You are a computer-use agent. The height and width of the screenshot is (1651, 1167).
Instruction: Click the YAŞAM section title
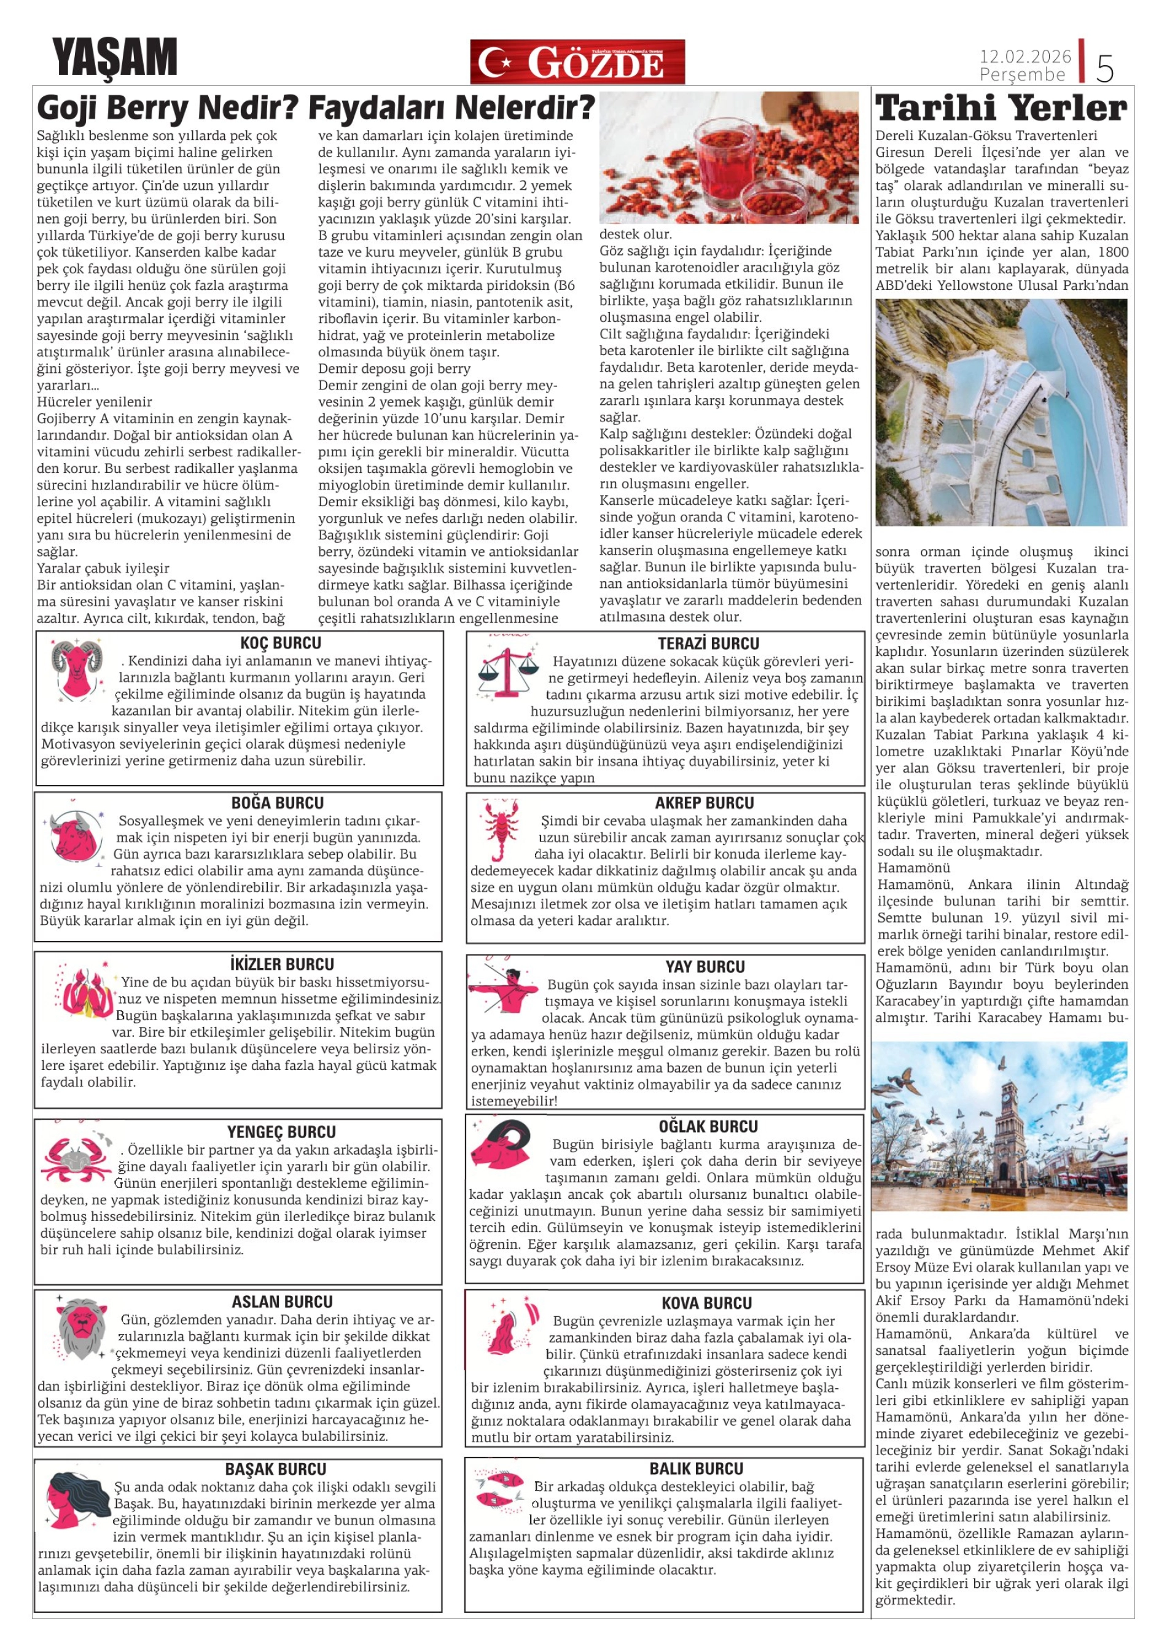pos(114,58)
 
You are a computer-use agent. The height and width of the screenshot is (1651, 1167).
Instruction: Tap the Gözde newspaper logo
pos(577,63)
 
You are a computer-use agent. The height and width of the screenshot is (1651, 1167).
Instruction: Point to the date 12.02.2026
pos(1025,56)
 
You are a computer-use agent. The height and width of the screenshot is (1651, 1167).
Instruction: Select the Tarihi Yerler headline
pos(1001,109)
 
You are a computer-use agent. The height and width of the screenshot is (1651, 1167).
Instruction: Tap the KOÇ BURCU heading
pos(281,643)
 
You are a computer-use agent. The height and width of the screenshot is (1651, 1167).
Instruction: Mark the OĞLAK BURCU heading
pos(708,1126)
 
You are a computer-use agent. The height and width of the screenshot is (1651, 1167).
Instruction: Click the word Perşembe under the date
pos(1022,75)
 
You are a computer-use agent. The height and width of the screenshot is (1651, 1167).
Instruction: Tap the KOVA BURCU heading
pos(706,1303)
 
